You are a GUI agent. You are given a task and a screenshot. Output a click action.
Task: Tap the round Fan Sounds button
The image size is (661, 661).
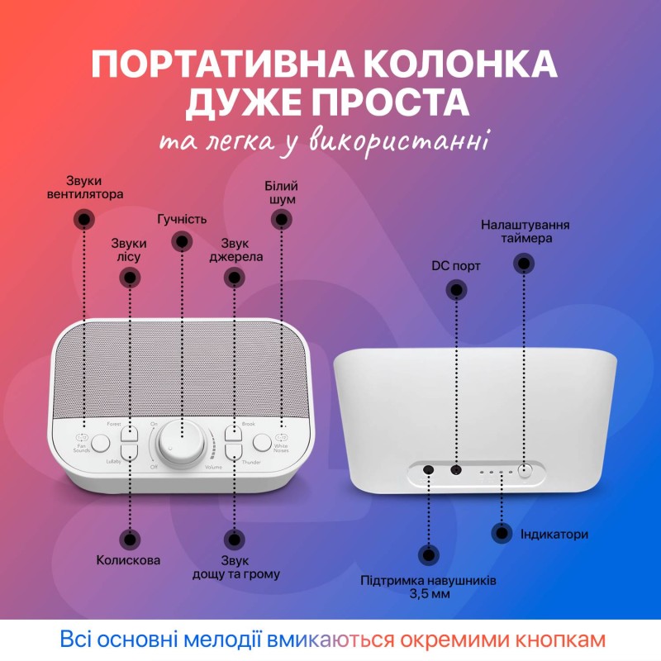[x=101, y=443]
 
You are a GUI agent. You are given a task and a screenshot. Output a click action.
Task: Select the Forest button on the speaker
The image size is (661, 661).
[x=130, y=432]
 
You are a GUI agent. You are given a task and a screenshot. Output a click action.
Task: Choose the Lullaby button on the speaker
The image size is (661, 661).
[x=130, y=452]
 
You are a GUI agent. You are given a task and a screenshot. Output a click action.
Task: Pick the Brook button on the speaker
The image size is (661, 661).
[x=232, y=432]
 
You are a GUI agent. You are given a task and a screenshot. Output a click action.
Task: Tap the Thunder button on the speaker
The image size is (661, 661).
[x=232, y=452]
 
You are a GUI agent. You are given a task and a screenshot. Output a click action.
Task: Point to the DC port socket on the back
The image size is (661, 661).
[x=455, y=469]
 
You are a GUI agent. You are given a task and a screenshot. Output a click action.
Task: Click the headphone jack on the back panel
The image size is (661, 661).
[x=429, y=469]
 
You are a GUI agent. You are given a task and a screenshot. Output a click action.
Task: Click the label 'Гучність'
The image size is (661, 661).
[x=182, y=220]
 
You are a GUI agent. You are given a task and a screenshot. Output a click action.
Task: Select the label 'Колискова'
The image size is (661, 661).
[x=128, y=560]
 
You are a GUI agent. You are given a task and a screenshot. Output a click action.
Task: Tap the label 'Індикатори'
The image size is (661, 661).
[x=553, y=535]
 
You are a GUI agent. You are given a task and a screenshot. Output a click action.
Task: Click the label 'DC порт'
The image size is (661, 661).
[x=456, y=266]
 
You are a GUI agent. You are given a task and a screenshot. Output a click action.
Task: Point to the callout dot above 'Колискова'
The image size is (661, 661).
[x=129, y=539]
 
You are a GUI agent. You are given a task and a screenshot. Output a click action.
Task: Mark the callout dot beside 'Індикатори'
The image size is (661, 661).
[x=502, y=534]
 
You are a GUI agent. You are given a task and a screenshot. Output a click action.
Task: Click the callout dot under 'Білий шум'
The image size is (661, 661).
[x=282, y=219]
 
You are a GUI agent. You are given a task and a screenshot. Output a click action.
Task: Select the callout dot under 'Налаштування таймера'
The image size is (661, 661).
[x=523, y=264]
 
